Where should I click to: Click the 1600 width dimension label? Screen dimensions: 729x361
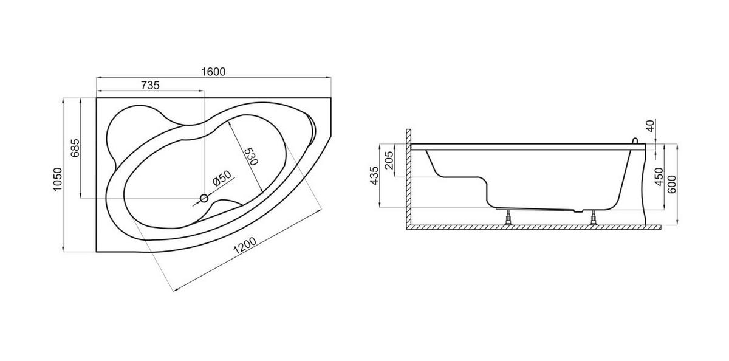click(x=213, y=72)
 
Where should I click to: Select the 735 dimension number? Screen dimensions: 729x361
click(x=151, y=85)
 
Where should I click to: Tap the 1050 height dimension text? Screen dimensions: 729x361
click(x=57, y=179)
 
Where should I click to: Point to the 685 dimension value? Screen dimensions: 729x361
click(x=75, y=148)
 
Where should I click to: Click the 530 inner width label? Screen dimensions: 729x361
click(x=251, y=156)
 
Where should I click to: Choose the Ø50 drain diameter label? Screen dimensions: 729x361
click(x=222, y=178)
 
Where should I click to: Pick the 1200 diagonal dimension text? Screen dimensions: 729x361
click(x=245, y=246)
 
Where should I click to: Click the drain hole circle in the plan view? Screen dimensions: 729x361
click(x=204, y=198)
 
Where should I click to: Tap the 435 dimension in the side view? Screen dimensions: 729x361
click(x=375, y=176)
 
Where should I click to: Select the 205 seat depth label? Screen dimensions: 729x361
click(x=389, y=160)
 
